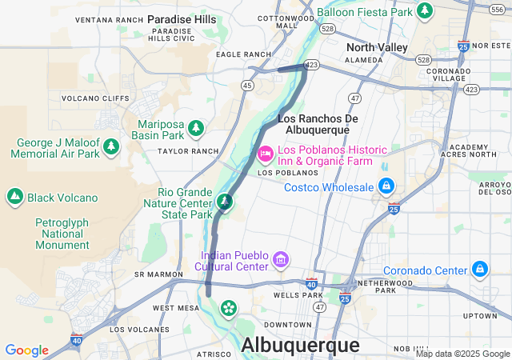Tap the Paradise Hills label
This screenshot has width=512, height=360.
tap(182, 18)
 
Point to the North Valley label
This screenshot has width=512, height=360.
tap(377, 48)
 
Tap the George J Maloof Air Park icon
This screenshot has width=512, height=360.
tap(111, 147)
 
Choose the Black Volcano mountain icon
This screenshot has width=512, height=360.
tap(14, 197)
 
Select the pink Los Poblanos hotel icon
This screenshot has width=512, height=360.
tap(265, 152)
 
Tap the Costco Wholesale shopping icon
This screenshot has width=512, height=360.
tap(386, 186)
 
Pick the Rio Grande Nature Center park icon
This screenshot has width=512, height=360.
tap(226, 202)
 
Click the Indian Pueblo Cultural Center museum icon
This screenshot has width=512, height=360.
tap(280, 259)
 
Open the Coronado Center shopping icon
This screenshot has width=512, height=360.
tap(480, 270)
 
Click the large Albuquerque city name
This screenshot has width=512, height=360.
tap(300, 345)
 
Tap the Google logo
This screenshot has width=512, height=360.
tap(26, 350)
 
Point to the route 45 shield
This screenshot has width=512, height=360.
tap(248, 85)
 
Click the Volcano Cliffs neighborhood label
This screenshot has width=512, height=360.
tap(95, 99)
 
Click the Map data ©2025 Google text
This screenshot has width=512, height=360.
tap(462, 354)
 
